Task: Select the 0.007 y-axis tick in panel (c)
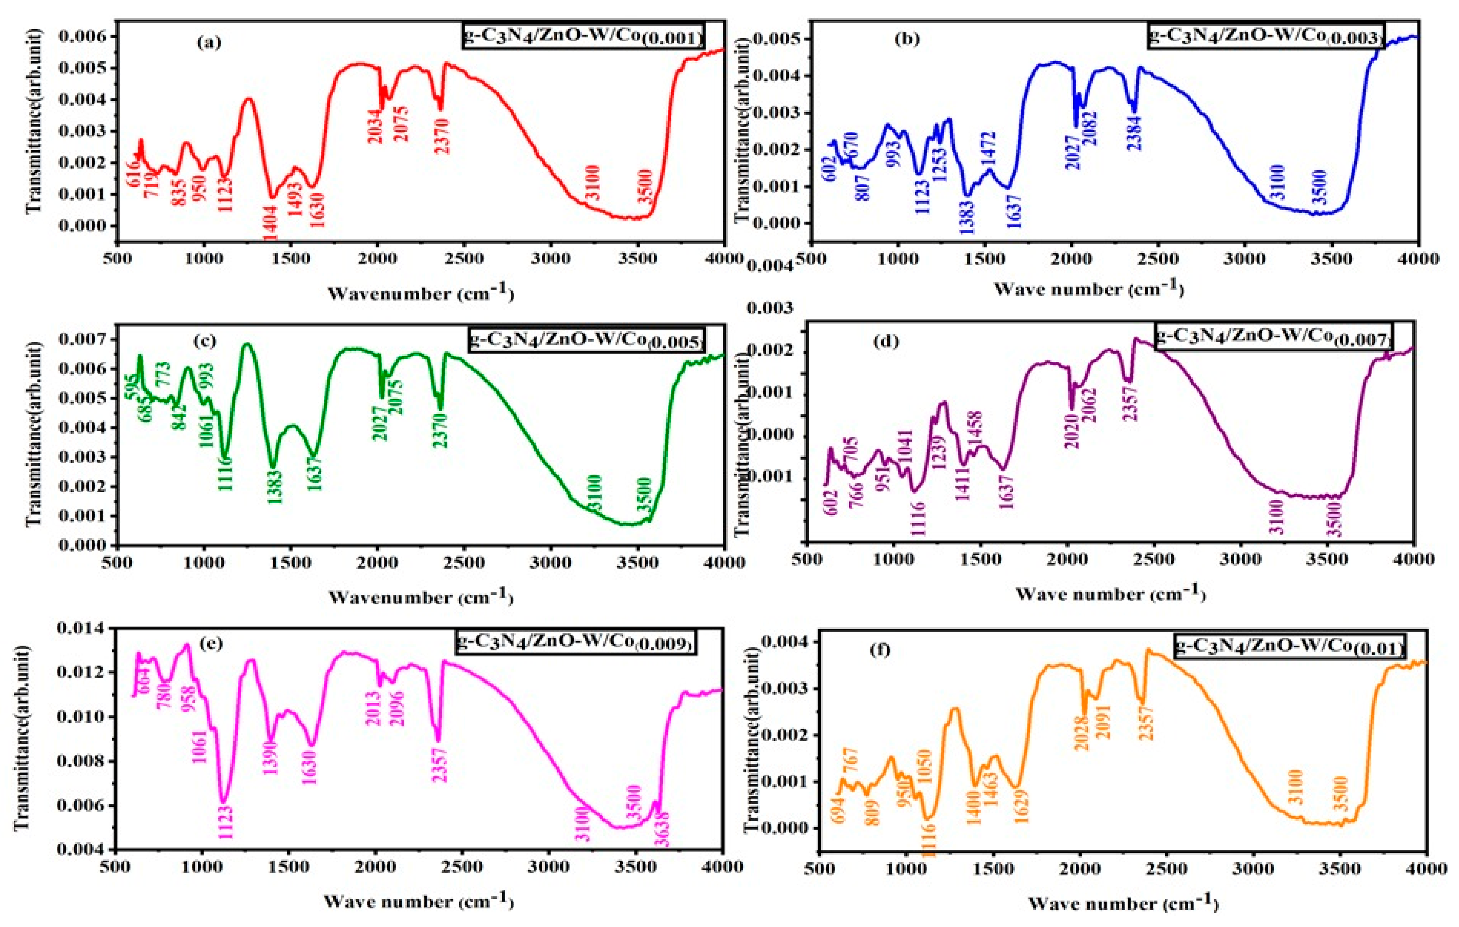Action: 81,339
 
